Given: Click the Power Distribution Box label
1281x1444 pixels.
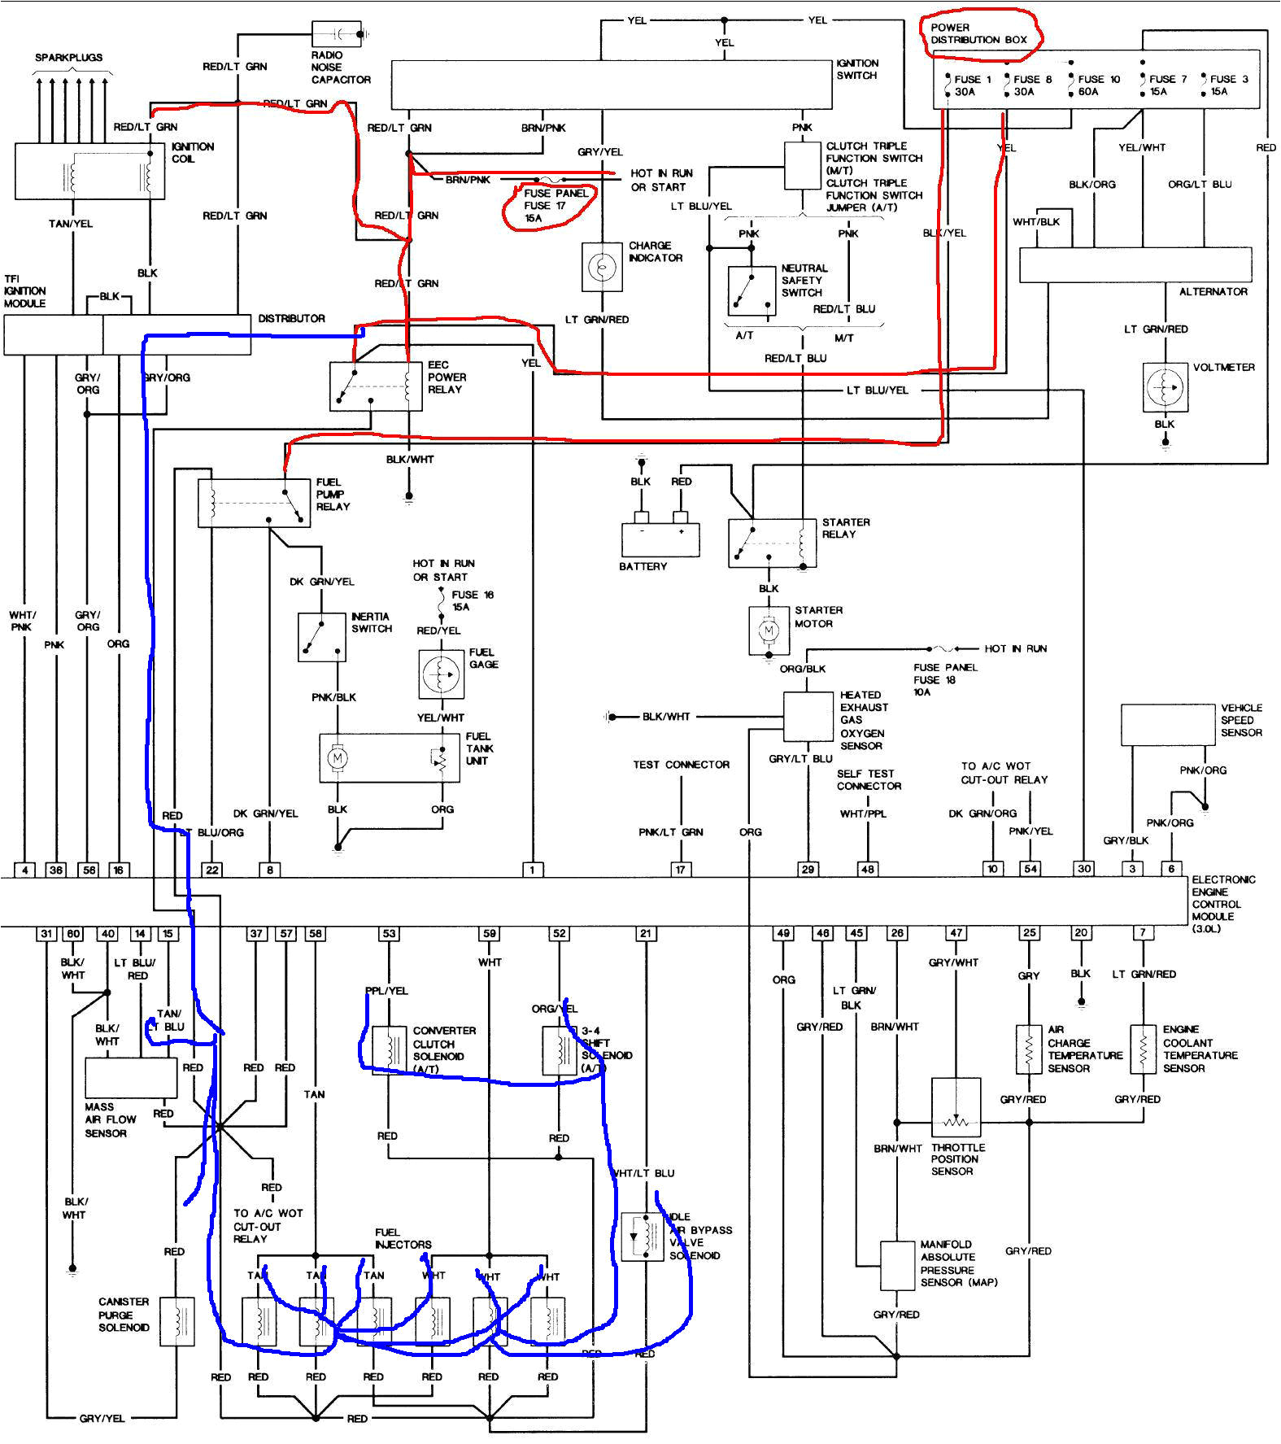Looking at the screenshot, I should [x=978, y=33].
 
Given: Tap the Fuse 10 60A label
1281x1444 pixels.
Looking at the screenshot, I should [x=1098, y=85].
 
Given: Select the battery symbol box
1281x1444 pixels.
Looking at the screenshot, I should [x=660, y=539].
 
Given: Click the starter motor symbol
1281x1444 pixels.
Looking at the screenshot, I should [x=769, y=630].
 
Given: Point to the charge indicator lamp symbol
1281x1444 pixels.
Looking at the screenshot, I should [x=602, y=267].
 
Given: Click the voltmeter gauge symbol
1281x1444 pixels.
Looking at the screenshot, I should [x=1165, y=386].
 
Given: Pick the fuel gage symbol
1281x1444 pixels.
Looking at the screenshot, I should [x=441, y=674].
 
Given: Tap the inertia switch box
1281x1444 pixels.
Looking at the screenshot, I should [x=321, y=637].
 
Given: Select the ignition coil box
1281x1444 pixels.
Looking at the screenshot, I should [x=89, y=172].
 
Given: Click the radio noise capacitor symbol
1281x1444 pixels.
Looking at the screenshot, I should [x=337, y=33].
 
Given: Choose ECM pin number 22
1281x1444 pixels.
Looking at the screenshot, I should [x=212, y=870].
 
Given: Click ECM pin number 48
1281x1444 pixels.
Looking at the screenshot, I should [x=868, y=869].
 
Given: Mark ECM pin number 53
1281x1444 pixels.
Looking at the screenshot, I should [x=389, y=933].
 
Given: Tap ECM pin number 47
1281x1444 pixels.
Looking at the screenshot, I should [x=956, y=933].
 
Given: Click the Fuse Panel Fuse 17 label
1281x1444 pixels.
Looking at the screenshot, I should [x=556, y=205].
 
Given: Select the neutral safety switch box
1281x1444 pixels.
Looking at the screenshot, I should [x=752, y=290].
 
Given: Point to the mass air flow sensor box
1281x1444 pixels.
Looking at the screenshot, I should [x=131, y=1078].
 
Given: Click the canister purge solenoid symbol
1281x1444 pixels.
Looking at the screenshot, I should [x=176, y=1321].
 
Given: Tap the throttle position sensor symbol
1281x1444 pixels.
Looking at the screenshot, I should [x=956, y=1107].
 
